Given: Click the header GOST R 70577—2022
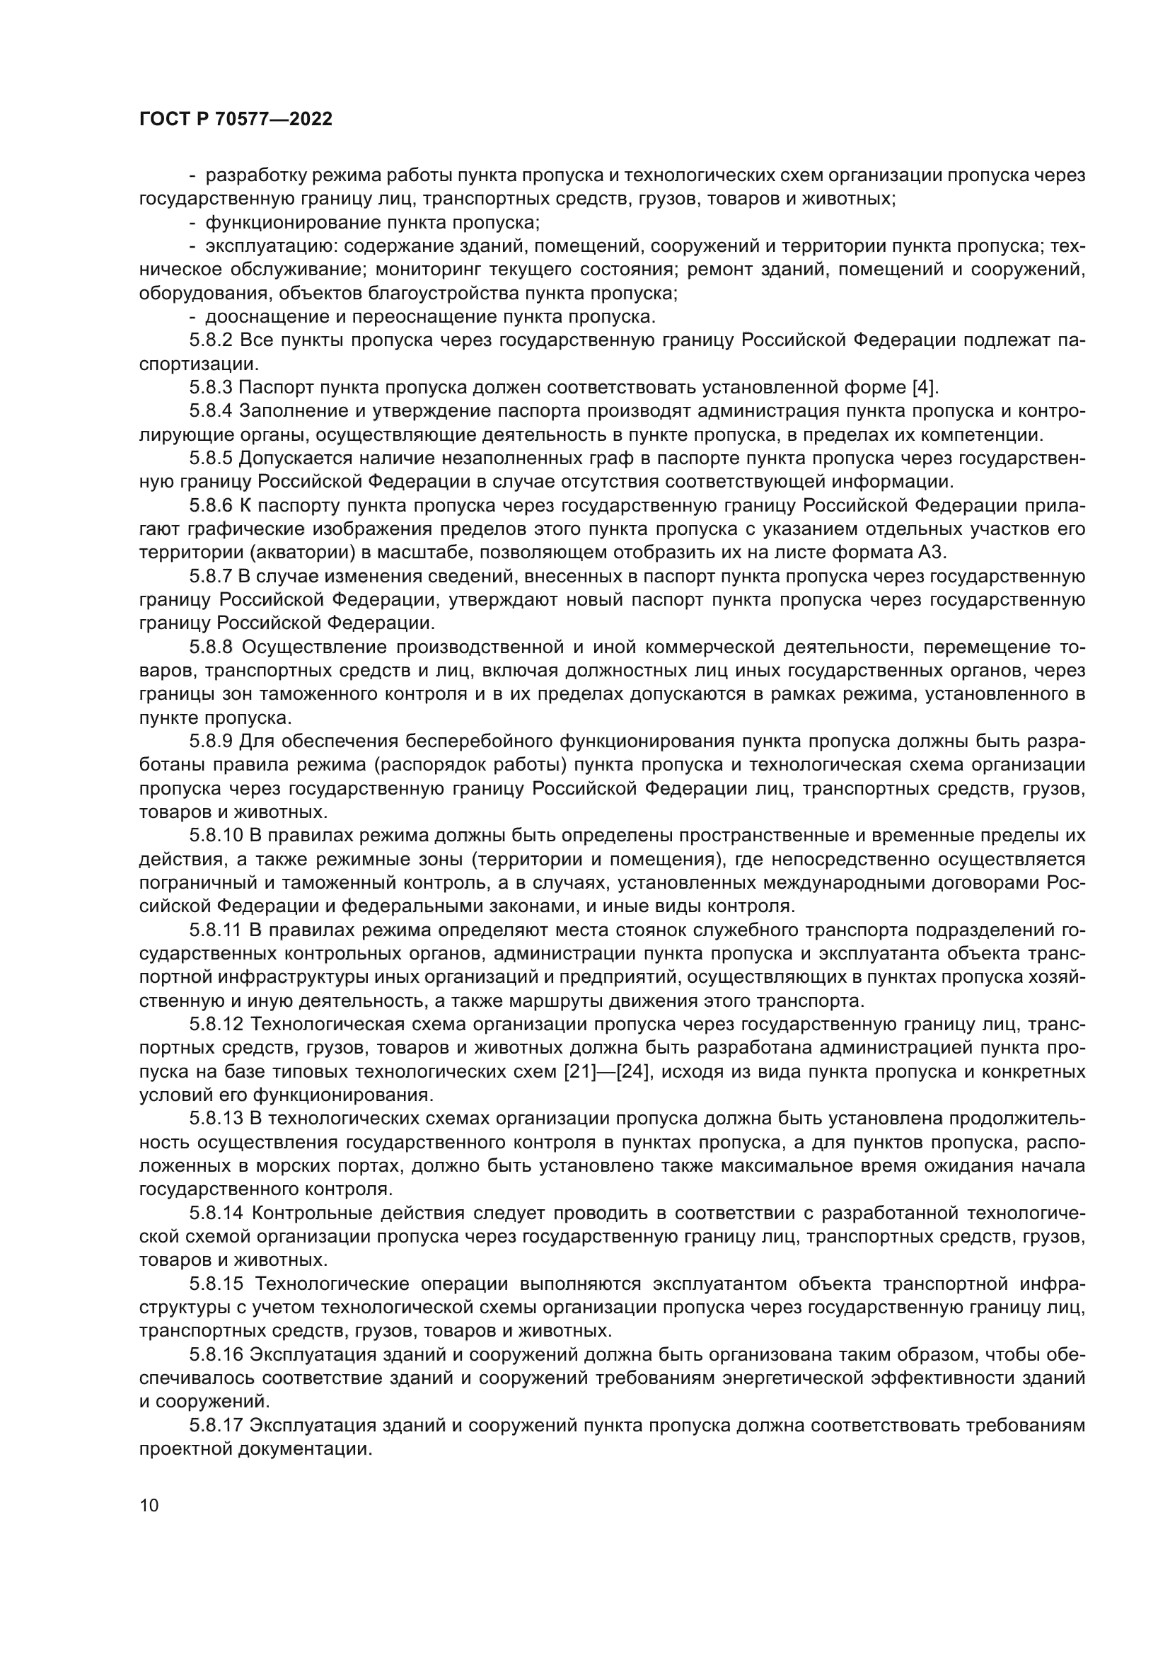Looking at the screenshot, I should [236, 120].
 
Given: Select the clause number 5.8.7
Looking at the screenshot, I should [211, 577].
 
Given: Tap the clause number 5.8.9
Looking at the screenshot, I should [211, 742].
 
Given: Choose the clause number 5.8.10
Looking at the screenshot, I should [216, 836].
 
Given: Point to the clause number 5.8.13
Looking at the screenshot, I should [216, 1119].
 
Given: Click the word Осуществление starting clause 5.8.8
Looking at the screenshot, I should [313, 647].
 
